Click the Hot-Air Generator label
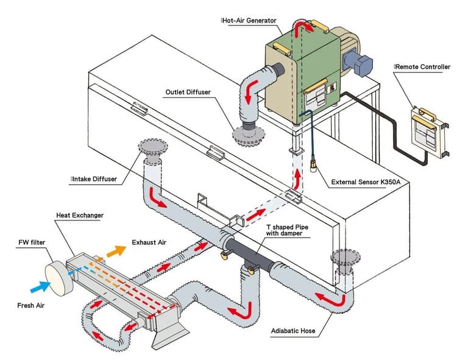tap(250, 20)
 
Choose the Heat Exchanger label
tap(79, 216)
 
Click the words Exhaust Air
tap(149, 242)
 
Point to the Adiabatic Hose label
tap(296, 333)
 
